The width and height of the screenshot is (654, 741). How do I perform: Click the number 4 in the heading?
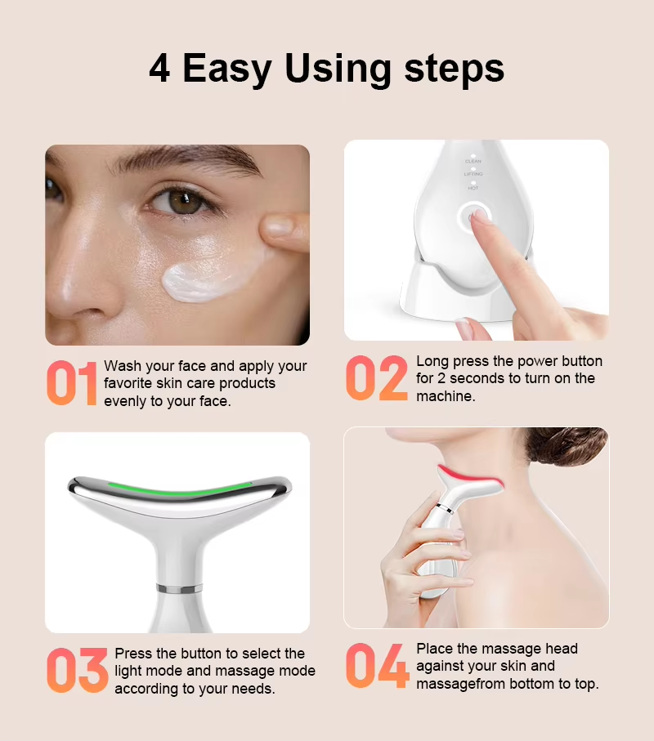coord(159,69)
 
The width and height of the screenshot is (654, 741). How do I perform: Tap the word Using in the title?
coord(338,70)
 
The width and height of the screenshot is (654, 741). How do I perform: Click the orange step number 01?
coord(72,383)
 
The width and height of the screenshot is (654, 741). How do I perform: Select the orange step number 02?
coord(376,378)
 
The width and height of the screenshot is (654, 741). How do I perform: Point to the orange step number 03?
coord(78,670)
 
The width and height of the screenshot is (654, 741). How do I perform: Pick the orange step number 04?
coord(378,665)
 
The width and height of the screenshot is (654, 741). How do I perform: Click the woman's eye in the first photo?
coord(183,203)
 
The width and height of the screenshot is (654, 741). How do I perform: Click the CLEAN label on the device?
coord(473,162)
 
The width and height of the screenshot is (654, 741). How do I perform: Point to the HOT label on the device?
coord(473,188)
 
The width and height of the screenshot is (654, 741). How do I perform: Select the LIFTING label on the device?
coord(473,174)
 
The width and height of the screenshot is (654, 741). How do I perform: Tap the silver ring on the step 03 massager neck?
coord(179,588)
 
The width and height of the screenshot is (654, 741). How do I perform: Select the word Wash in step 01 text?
coord(123,366)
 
